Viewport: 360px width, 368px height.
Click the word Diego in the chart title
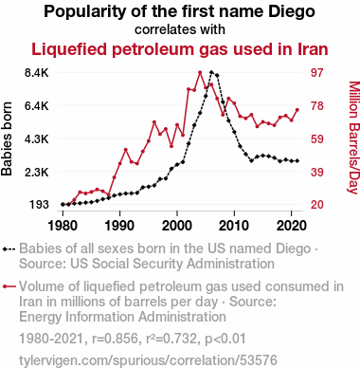pos(292,12)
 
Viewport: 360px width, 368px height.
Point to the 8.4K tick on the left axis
pos(37,73)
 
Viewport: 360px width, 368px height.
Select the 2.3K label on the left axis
pos(37,173)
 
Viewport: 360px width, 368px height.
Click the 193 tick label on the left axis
pos(40,205)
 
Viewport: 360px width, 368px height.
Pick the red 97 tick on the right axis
pos(317,73)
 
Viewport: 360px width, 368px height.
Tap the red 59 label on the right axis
pos(317,139)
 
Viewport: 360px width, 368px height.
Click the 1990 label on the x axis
pos(119,226)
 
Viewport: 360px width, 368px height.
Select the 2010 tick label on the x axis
pos(234,226)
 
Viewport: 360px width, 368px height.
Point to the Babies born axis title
pos(7,138)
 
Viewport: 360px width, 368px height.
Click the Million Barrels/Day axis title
pos(353,138)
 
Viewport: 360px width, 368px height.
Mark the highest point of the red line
pos(200,72)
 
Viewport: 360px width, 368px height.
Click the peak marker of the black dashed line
pos(211,72)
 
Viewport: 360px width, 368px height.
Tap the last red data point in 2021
pos(297,110)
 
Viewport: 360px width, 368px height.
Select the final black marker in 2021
pos(297,161)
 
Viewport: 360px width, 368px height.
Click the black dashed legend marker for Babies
pos(9,249)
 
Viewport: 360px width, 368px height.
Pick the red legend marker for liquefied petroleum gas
pos(9,286)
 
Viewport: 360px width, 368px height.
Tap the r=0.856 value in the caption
pos(115,339)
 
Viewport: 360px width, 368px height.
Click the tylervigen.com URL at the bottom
pos(148,360)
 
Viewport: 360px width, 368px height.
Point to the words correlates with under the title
pos(180,29)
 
